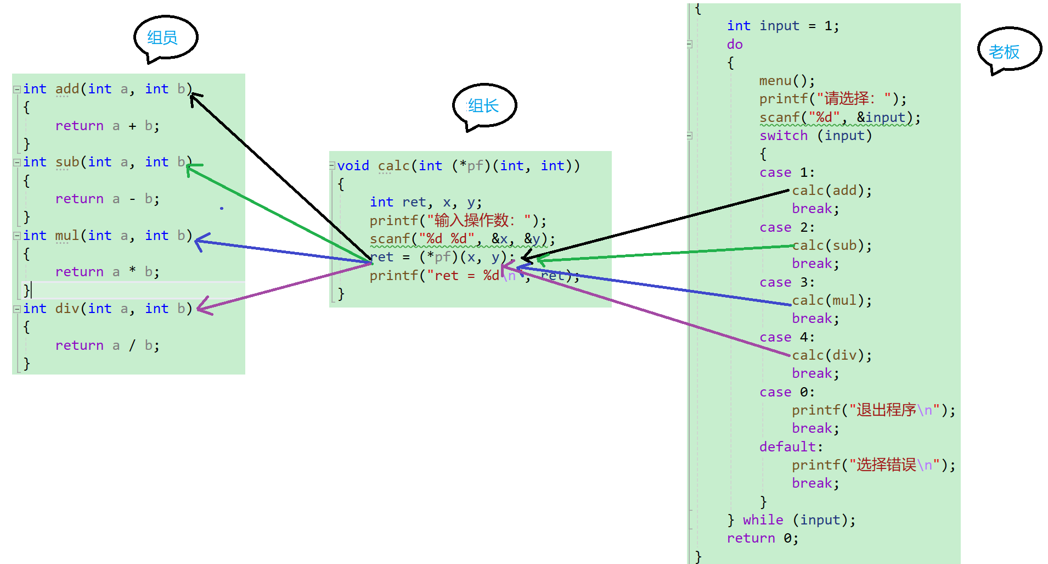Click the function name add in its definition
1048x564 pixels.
(67, 89)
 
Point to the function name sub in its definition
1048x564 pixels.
(67, 162)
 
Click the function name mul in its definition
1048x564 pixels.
(67, 236)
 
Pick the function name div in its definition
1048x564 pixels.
(67, 309)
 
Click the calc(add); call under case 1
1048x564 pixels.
(831, 191)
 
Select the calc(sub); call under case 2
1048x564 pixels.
(831, 245)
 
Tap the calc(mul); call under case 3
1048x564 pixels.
(831, 300)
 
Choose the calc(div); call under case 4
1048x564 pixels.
(831, 355)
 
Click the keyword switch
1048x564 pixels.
(783, 136)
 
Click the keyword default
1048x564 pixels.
(787, 447)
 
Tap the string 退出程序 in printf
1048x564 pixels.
(886, 410)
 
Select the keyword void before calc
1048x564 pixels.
(353, 166)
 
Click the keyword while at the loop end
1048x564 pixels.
(763, 520)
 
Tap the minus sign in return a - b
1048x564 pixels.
(132, 199)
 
